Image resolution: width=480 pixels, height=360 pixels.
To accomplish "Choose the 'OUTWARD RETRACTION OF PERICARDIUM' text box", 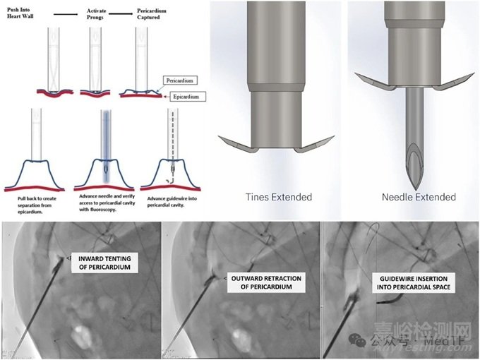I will point(267,283).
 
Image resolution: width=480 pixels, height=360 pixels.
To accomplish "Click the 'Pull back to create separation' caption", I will point(35,206).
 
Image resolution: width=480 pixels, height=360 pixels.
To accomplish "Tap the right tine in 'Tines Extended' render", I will point(308,148).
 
